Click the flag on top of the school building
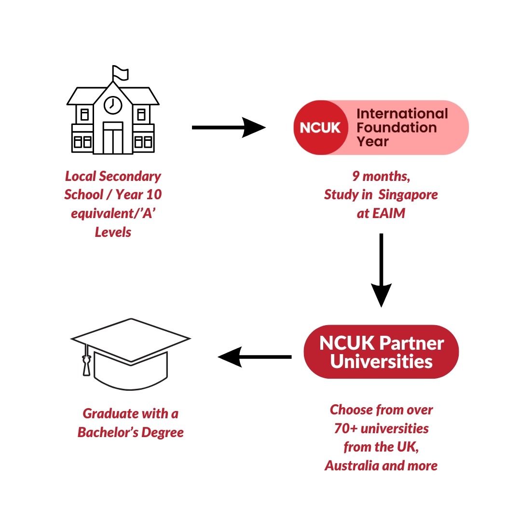click(121, 73)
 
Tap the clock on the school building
click(113, 105)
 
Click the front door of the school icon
click(113, 138)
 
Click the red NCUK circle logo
click(320, 128)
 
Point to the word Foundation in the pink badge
click(397, 128)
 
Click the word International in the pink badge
click(402, 114)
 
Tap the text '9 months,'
click(381, 177)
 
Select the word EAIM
click(389, 213)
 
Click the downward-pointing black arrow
click(381, 270)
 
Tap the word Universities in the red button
click(381, 361)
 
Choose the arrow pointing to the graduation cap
click(255, 357)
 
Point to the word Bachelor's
click(106, 432)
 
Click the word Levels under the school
click(113, 232)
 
